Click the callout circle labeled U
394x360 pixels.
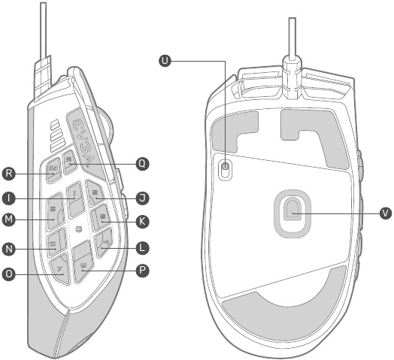click(165, 61)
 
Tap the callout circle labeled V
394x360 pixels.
click(385, 213)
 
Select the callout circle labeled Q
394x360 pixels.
click(142, 164)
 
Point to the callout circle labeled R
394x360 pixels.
click(9, 173)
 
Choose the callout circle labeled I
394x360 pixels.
click(9, 198)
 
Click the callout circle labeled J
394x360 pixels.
click(142, 198)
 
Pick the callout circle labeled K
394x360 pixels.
click(142, 222)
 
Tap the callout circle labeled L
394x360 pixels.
click(142, 248)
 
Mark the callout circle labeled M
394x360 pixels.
click(9, 219)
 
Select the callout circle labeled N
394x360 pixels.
click(9, 249)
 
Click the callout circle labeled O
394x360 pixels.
click(9, 274)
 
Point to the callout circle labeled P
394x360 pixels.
click(142, 271)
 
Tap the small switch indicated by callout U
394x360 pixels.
click(225, 168)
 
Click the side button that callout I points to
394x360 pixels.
click(75, 198)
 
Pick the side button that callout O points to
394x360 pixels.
click(60, 269)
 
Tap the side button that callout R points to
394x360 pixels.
click(53, 170)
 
